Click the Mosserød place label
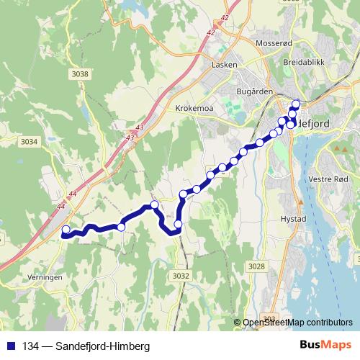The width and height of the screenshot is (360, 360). [x=273, y=42]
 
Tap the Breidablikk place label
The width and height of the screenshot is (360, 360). [x=305, y=63]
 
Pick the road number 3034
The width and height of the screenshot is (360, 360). [x=30, y=141]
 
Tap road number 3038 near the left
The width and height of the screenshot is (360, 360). [x=81, y=74]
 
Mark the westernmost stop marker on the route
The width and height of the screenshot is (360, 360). [x=66, y=231]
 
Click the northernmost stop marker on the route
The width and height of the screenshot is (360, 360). [x=295, y=104]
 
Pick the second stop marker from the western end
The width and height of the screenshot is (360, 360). [x=121, y=227]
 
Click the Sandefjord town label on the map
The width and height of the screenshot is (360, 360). [x=314, y=123]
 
